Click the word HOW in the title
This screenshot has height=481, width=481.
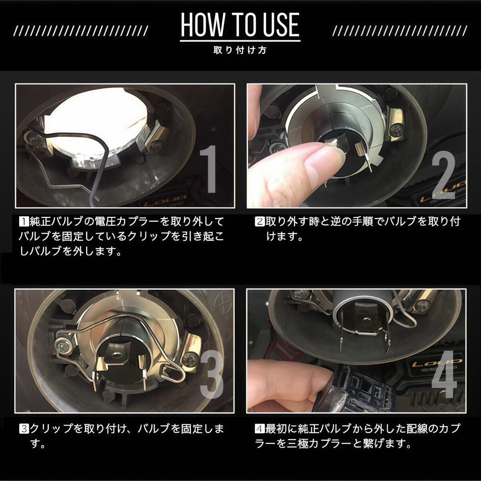click(x=202, y=25)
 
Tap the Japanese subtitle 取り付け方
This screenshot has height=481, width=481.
click(x=240, y=50)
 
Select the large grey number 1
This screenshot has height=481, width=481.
click(x=208, y=169)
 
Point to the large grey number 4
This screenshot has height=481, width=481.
click(x=445, y=374)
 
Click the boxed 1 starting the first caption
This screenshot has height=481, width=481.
click(x=24, y=222)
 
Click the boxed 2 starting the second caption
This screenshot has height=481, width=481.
click(x=260, y=222)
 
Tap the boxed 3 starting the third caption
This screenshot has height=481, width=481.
click(x=24, y=429)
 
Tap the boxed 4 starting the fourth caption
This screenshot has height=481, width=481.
click(x=260, y=429)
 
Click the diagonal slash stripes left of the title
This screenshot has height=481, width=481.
click(x=81, y=31)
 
